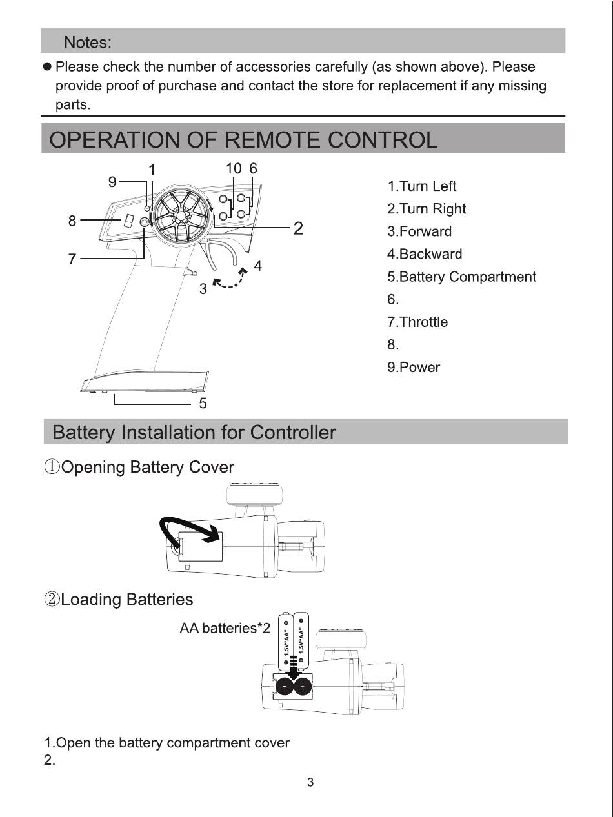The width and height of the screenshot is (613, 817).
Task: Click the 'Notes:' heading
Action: point(88,43)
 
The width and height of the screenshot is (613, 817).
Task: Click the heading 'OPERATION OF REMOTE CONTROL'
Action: point(243,140)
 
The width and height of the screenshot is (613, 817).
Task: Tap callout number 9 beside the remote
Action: point(112,182)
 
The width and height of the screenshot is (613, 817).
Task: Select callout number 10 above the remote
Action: point(234,168)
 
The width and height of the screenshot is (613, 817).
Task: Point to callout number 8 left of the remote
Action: point(72,221)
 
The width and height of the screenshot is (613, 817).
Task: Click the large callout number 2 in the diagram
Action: point(298,228)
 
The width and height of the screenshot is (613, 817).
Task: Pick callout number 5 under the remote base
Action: point(203,403)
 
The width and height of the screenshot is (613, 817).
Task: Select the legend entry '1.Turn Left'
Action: point(421,186)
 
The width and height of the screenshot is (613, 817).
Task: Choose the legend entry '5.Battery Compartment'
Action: point(461,277)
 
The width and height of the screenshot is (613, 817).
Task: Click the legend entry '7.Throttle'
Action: point(417,322)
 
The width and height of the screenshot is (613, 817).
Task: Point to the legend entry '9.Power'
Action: point(414,368)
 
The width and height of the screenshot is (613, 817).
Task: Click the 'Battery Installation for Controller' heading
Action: point(194,433)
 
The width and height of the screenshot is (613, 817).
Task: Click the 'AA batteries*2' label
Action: point(225,628)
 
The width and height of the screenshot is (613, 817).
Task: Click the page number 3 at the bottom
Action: point(310,783)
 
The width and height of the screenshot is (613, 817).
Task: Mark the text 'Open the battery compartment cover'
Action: point(173,743)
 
